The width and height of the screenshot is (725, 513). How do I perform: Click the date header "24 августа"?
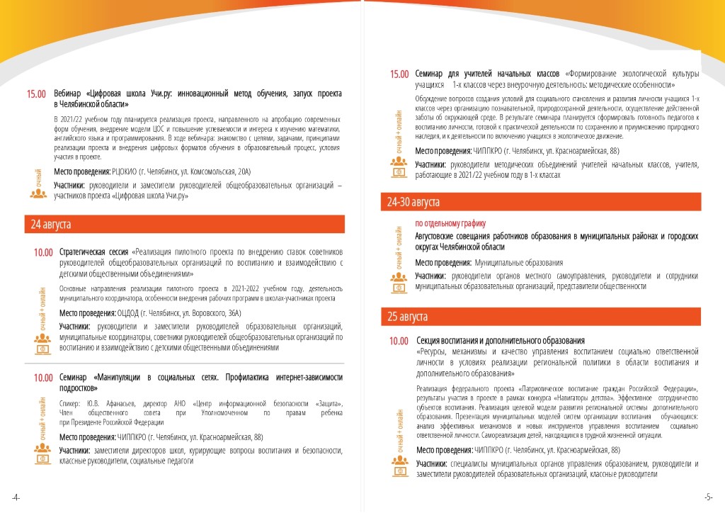(50, 225)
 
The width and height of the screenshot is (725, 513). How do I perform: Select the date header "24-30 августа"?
(413, 203)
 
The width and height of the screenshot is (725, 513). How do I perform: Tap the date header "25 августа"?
(407, 316)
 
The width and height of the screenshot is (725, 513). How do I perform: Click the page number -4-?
(16, 497)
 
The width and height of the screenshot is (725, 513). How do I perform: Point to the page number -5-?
(708, 497)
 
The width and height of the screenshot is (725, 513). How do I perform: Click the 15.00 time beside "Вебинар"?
(37, 94)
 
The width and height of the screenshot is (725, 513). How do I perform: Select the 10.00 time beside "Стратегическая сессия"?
(43, 252)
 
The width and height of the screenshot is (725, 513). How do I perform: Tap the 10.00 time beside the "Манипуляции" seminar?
(43, 377)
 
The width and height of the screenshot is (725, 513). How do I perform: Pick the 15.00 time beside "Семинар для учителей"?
(399, 74)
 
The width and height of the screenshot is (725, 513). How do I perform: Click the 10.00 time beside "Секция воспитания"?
(399, 341)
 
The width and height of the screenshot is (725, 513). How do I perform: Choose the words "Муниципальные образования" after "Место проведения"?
(519, 263)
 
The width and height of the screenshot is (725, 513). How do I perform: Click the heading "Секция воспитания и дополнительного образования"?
(500, 341)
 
